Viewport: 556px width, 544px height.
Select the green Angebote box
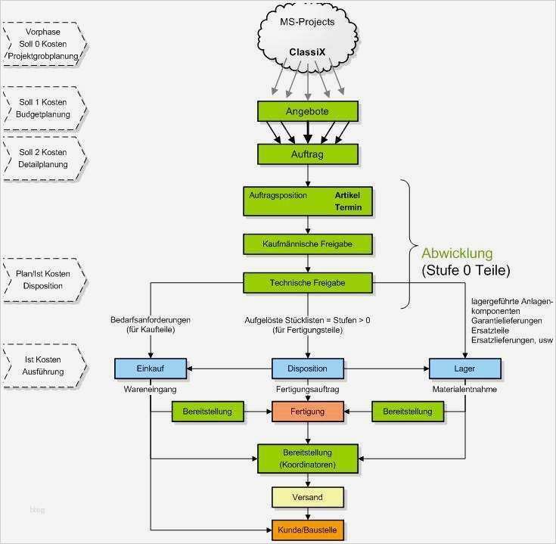tap(307, 111)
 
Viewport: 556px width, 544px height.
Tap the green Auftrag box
tap(307, 154)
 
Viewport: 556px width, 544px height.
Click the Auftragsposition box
tap(307, 201)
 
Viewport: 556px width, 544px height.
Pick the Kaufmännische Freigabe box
tap(307, 244)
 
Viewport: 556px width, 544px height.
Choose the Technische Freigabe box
tap(307, 283)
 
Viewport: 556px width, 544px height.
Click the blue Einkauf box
tap(150, 368)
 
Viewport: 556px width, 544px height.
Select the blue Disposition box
tap(307, 368)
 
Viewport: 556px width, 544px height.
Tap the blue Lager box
tap(464, 368)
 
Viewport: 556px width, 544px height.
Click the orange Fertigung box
tap(307, 412)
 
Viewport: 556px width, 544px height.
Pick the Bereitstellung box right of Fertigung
tap(408, 412)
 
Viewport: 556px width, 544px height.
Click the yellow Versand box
tap(307, 497)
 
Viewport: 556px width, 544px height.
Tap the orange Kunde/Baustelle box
tap(307, 529)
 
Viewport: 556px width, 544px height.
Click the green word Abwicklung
tap(457, 253)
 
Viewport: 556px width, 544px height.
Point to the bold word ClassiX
tap(307, 53)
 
